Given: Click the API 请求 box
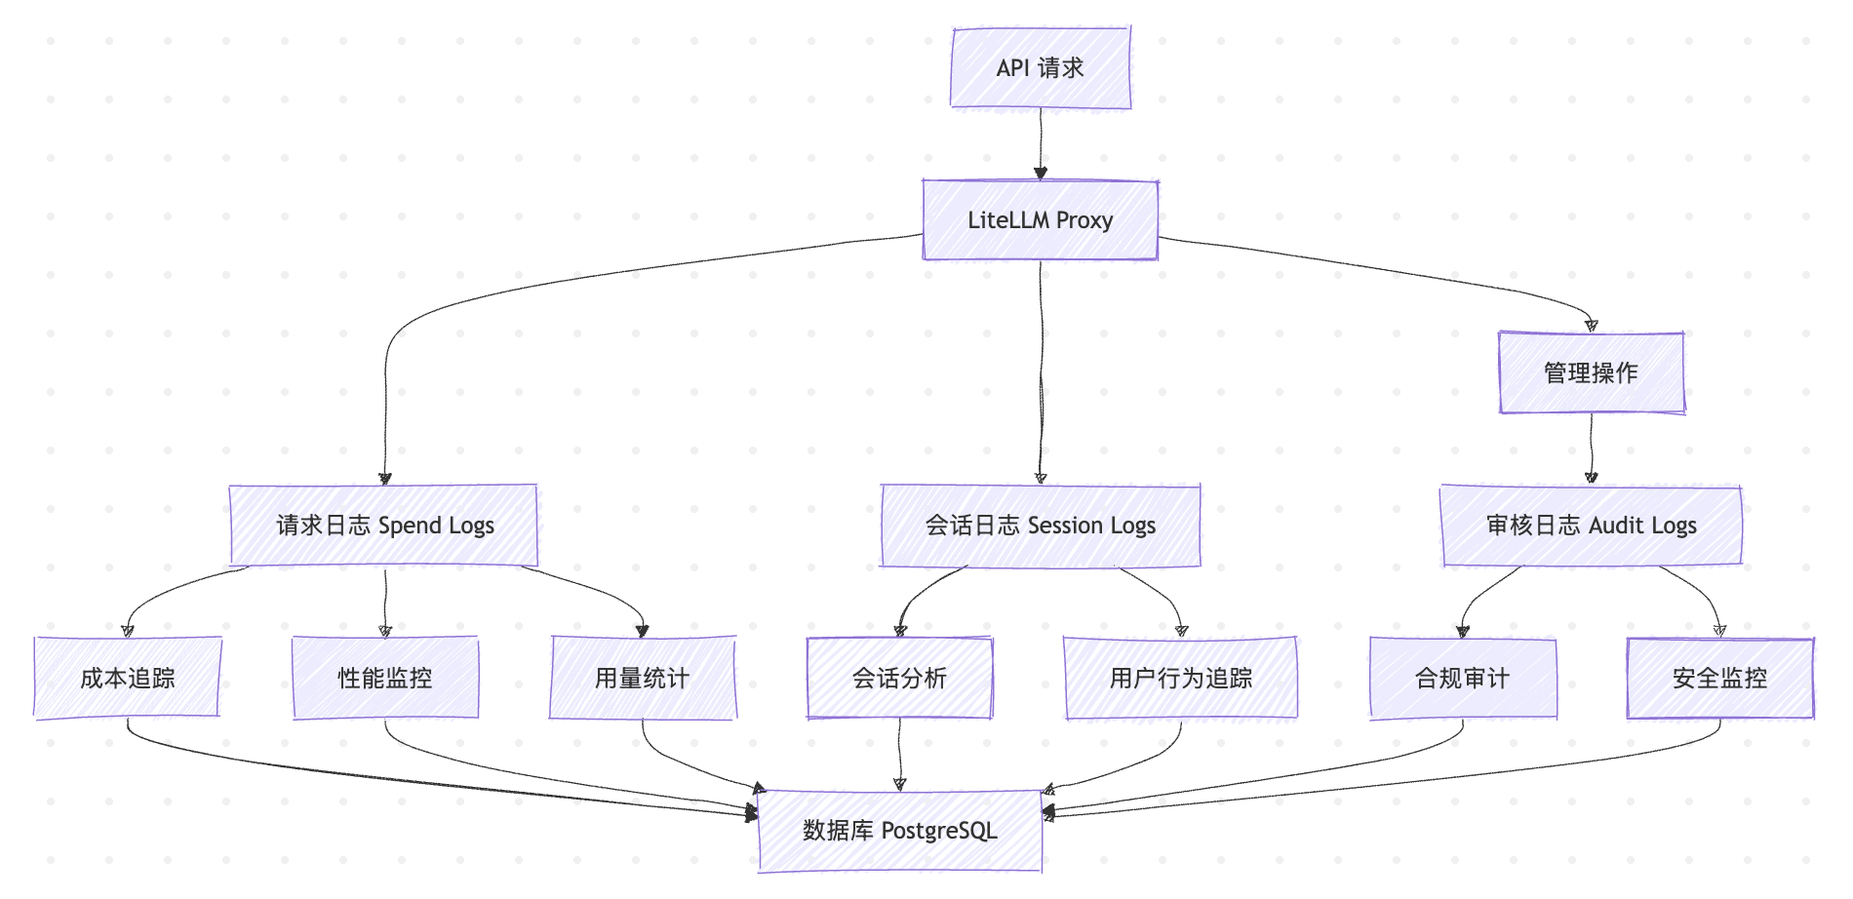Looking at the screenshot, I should click(1041, 68).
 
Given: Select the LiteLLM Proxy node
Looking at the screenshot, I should click(1041, 220).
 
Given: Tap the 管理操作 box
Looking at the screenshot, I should click(1591, 372).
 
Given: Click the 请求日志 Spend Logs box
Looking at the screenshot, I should click(384, 526).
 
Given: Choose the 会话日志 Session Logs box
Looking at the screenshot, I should click(1041, 526).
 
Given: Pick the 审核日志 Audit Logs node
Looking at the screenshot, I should click(1591, 526).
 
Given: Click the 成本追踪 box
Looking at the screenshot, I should click(128, 678).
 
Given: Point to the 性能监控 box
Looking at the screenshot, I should click(385, 678).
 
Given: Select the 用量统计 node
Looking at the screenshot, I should click(642, 678).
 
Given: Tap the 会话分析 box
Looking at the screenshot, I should click(899, 678).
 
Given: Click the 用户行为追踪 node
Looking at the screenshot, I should click(1181, 678).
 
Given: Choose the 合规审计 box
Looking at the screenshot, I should click(1462, 678).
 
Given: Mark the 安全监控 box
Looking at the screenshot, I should click(1719, 678).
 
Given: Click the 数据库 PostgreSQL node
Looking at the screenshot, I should click(899, 831).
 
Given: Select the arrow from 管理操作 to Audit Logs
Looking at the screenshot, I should click(1592, 449).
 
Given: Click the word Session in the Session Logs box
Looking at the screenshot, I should click(1065, 526).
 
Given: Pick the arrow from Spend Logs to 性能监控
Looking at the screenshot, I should click(385, 601).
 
